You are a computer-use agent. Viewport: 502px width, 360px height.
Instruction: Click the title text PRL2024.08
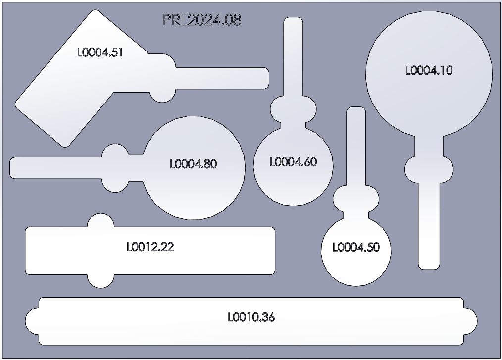(x=202, y=20)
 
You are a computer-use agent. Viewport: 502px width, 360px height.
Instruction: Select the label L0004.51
(x=100, y=52)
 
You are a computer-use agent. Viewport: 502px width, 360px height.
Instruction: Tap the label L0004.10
(x=429, y=70)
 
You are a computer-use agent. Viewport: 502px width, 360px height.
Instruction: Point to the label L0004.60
(x=293, y=162)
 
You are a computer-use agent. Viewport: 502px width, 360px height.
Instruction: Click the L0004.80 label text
(x=193, y=164)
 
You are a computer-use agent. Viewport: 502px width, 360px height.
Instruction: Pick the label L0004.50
(x=356, y=247)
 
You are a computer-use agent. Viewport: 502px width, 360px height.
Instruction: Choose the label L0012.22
(x=151, y=247)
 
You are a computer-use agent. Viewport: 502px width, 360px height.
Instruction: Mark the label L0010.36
(x=251, y=317)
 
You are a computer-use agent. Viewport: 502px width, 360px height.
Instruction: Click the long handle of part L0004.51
(x=223, y=78)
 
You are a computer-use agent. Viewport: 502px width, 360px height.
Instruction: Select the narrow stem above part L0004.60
(x=293, y=54)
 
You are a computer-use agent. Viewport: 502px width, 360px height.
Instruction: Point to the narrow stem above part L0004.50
(x=356, y=144)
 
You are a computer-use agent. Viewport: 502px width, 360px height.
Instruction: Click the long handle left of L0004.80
(x=54, y=167)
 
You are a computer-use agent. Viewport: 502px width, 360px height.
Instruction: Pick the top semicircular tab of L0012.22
(x=101, y=221)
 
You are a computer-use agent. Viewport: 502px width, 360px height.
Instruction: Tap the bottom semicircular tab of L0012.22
(x=101, y=281)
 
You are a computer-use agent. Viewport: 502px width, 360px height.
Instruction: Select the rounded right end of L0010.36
(x=470, y=321)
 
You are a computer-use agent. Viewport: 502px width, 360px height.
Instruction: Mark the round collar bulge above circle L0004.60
(x=293, y=110)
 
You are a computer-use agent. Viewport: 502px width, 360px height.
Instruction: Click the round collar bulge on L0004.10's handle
(x=429, y=170)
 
